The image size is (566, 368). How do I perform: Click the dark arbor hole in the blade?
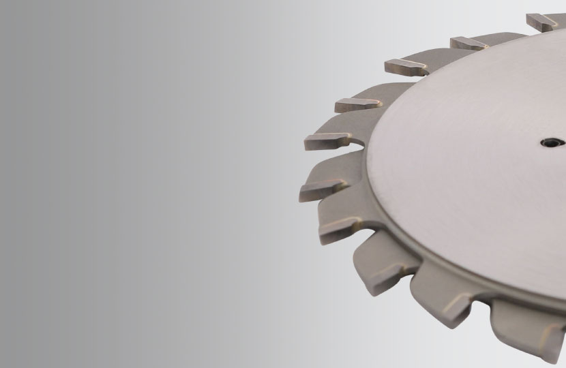[x=550, y=142]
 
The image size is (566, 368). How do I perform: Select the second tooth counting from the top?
[x=471, y=43]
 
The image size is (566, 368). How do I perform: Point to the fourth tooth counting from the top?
[x=359, y=104]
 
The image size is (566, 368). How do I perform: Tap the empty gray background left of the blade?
[x=136, y=184]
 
